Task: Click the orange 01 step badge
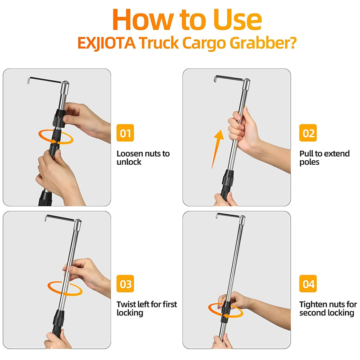point(125,133)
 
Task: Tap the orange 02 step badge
point(308,133)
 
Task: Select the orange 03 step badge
point(125,283)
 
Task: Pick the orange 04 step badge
point(308,283)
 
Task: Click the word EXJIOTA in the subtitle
point(107,43)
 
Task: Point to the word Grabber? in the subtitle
point(263,43)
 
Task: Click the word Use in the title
point(238,20)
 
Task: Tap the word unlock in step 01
point(129,162)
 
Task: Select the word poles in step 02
point(309,162)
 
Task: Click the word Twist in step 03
point(126,305)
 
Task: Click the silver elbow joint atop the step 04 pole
point(242,220)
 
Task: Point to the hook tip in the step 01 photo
point(28,81)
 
